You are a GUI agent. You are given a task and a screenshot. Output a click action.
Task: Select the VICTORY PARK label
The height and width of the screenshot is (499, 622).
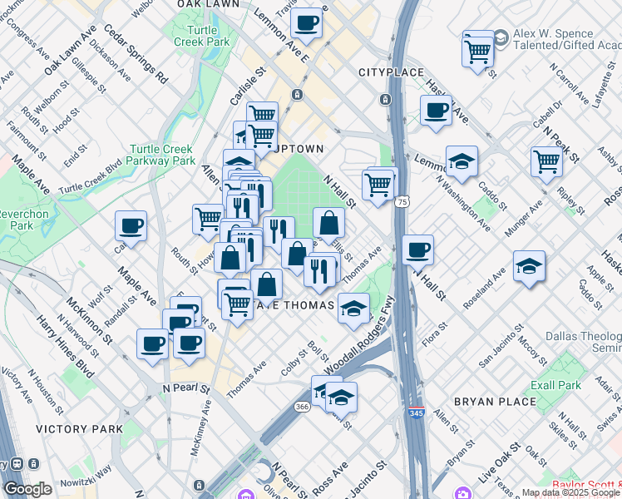[78, 429]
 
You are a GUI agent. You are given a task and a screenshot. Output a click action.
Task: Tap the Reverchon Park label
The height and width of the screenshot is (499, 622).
[15, 220]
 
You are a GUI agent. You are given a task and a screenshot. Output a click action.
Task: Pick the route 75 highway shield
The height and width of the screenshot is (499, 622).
[402, 201]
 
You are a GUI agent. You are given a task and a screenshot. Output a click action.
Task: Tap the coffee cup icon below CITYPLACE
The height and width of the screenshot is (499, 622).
[435, 111]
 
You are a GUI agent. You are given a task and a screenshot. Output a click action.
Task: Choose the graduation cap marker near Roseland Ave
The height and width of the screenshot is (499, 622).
[529, 266]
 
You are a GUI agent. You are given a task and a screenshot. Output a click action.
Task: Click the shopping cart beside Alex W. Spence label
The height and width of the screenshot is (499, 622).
[478, 52]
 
